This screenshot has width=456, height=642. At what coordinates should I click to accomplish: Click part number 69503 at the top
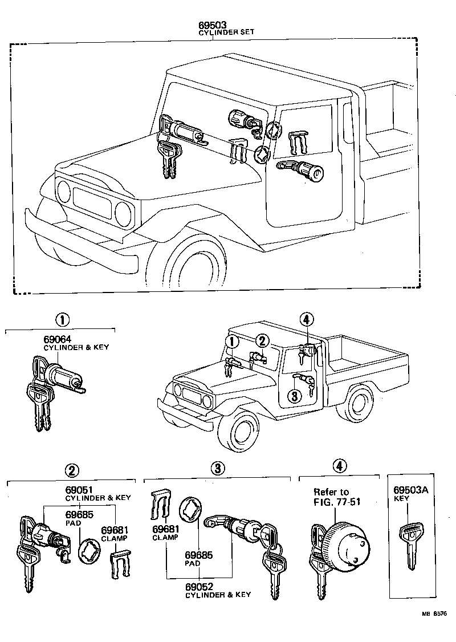point(213,26)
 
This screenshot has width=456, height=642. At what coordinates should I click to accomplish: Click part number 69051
point(79,490)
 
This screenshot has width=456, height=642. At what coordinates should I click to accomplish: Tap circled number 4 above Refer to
point(339,466)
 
